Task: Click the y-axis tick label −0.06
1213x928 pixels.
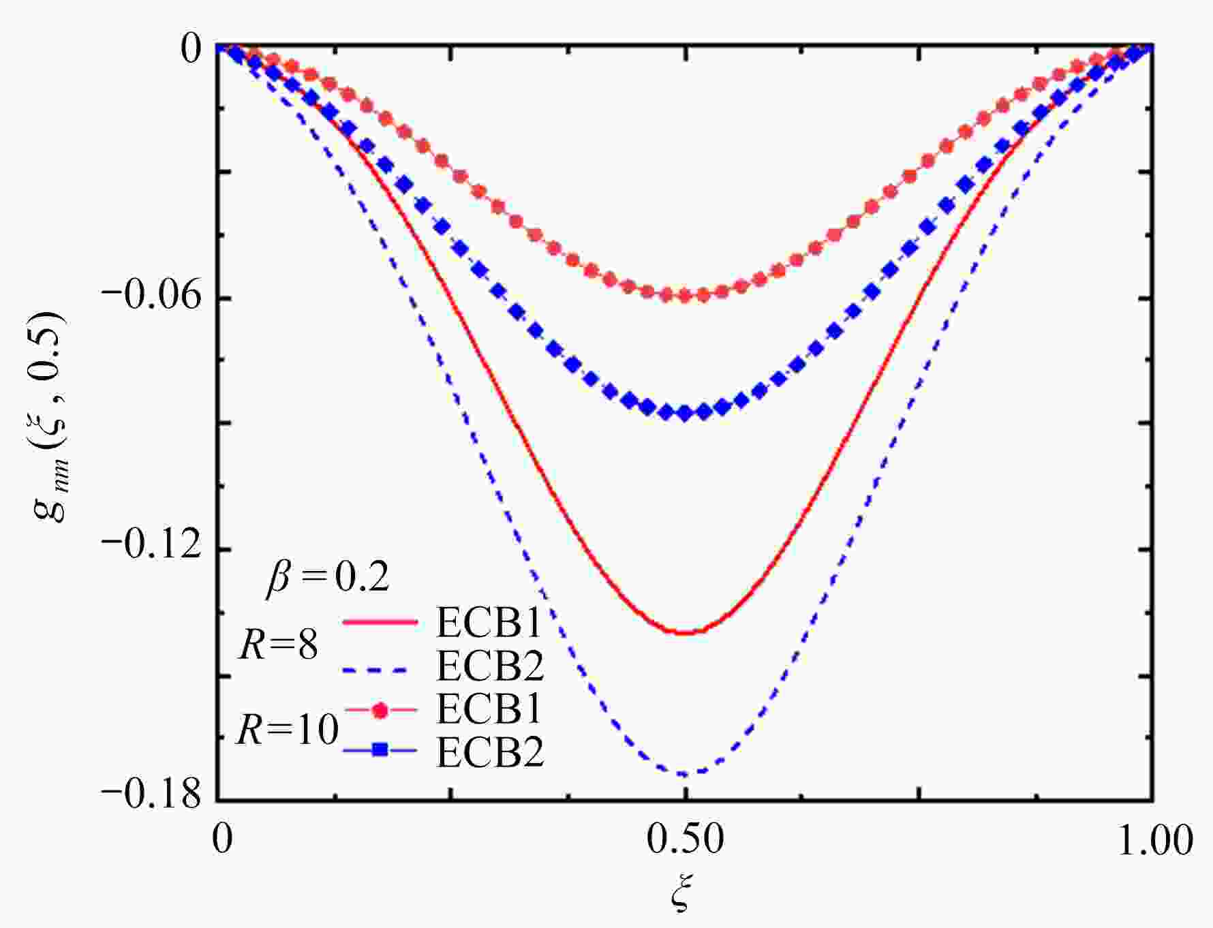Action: click(x=152, y=298)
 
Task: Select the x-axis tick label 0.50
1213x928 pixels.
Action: click(x=685, y=839)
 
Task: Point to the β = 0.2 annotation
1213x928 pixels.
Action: click(x=327, y=578)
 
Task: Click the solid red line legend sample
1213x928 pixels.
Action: click(x=380, y=622)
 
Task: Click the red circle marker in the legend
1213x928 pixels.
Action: click(x=380, y=710)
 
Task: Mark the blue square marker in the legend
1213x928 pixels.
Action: click(x=380, y=750)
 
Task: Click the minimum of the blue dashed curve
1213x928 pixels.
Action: click(x=685, y=774)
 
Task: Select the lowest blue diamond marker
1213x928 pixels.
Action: click(x=685, y=413)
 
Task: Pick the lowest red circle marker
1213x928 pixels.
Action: click(x=685, y=296)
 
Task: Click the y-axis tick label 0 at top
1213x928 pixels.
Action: click(x=191, y=50)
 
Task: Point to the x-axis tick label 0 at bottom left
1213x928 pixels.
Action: click(x=221, y=839)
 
